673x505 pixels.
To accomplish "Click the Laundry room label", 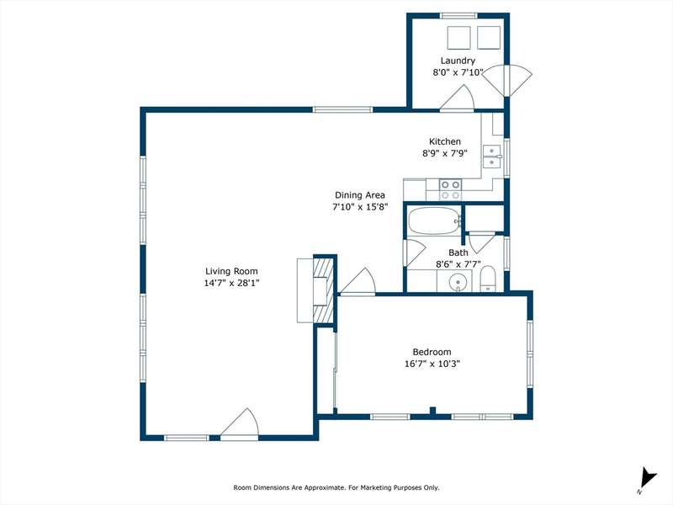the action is coord(458,61).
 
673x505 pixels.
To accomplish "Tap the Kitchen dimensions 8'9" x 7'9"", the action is coord(445,153).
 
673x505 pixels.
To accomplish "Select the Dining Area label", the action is coord(360,195).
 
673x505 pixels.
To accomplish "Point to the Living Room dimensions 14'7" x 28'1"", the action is coord(231,283).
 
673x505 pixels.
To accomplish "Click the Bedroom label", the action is coord(432,352).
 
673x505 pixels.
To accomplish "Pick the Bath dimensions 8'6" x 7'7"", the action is coord(458,264).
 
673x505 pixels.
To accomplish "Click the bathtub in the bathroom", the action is coord(434,221).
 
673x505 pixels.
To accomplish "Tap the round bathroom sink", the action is coord(458,283).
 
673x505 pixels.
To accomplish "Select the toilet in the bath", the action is coord(488,279).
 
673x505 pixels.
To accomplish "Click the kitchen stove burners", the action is coord(451,190).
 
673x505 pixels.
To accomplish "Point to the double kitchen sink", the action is coord(492,157).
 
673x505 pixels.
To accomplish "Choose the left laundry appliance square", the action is coord(458,38).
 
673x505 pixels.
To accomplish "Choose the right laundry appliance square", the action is coord(489,38).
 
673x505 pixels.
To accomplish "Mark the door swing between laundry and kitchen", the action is coord(458,98).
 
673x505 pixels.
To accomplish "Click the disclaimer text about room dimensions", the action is coord(336,487).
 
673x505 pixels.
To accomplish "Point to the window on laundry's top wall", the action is coord(458,16).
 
